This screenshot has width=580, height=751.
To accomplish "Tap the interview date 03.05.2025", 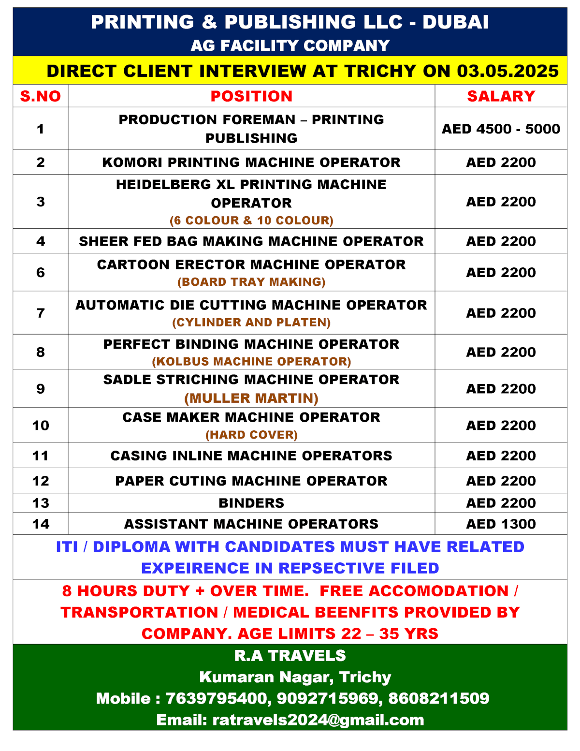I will pyautogui.click(x=507, y=71).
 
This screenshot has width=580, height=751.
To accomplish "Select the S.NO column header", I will pyautogui.click(x=41, y=96).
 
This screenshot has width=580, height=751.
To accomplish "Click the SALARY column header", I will pyautogui.click(x=501, y=96).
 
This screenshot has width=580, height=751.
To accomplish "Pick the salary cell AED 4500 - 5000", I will pyautogui.click(x=501, y=129).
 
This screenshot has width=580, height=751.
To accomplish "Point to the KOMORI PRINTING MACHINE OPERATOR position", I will pyautogui.click(x=251, y=162).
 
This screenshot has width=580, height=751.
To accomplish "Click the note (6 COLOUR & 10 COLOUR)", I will pyautogui.click(x=251, y=221).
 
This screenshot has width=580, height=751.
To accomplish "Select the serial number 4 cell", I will pyautogui.click(x=41, y=241).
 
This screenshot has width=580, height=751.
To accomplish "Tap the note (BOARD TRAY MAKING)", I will pyautogui.click(x=251, y=282).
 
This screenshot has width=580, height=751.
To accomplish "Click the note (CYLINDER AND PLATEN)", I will pyautogui.click(x=251, y=323).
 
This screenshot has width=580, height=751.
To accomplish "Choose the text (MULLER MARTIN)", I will pyautogui.click(x=251, y=398).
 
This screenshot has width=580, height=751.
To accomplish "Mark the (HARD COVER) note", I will pyautogui.click(x=251, y=435).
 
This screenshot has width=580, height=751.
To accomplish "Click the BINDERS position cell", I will pyautogui.click(x=251, y=503).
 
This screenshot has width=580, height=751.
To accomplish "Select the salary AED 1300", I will pyautogui.click(x=501, y=524).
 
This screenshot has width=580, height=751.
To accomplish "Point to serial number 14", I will pyautogui.click(x=41, y=524).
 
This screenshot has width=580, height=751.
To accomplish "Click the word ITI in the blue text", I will pyautogui.click(x=67, y=547).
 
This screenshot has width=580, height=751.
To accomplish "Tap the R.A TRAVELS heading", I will pyautogui.click(x=290, y=656).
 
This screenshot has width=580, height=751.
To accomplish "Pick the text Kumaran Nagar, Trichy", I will pyautogui.click(x=295, y=677).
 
